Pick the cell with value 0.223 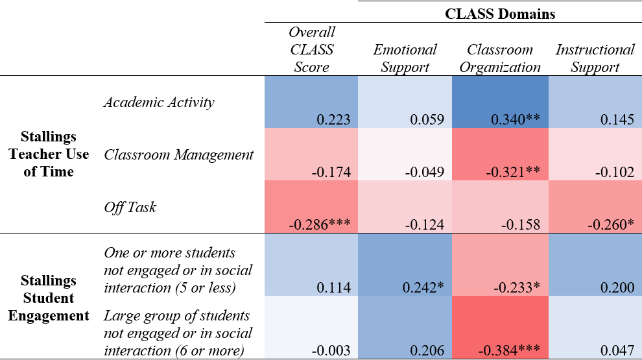[333, 119]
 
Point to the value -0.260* [611, 225]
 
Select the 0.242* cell [425, 287]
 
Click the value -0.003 [331, 351]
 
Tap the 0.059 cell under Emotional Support [427, 119]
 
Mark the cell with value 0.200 [619, 287]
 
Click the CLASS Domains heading [500, 14]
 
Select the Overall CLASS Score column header [312, 49]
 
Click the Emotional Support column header [405, 58]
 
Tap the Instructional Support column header [595, 58]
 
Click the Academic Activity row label [159, 102]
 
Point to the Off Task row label [130, 208]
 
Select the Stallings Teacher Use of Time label [48, 154]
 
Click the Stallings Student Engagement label [48, 298]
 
